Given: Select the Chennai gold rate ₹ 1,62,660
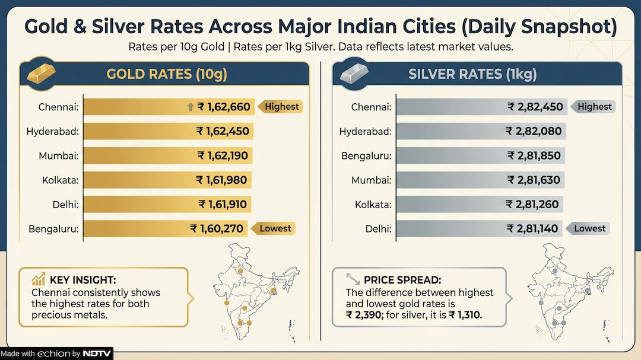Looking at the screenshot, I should [x=224, y=107].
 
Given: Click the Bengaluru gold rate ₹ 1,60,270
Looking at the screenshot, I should [x=216, y=228].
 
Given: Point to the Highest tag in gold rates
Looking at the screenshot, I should [x=281, y=107].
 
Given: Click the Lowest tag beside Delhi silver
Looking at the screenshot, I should [x=589, y=228].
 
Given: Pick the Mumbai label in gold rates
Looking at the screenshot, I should [x=59, y=155].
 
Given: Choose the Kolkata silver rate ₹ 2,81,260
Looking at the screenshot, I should [x=532, y=204].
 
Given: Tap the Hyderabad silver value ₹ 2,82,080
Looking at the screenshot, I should [x=533, y=131].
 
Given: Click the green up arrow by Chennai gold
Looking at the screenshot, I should [x=190, y=107].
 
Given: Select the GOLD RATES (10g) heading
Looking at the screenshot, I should [x=166, y=74].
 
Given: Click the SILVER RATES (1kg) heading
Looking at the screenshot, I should [x=472, y=74].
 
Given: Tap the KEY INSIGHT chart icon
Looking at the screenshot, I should [x=39, y=279].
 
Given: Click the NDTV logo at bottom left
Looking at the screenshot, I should [x=96, y=353].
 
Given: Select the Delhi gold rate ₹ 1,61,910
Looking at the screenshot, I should [x=223, y=204].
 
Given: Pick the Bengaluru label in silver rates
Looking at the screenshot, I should [x=366, y=155].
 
